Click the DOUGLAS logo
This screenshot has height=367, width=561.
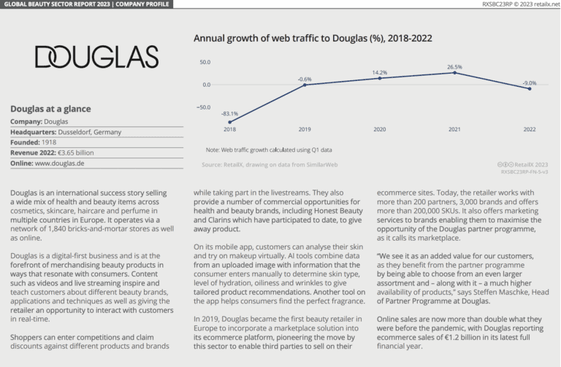point(96,57)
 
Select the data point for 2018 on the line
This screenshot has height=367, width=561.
point(230,123)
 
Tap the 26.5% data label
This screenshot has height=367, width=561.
point(454,66)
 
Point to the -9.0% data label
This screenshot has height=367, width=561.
point(530,82)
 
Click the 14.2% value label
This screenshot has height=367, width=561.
point(379,72)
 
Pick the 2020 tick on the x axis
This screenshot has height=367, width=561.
point(379,129)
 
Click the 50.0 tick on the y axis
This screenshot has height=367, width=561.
point(205,61)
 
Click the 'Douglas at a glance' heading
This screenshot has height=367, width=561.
point(50,109)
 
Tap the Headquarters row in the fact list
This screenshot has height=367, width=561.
point(66,132)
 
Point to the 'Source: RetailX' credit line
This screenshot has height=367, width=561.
point(270,166)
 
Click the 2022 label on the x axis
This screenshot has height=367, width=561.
point(530,129)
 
